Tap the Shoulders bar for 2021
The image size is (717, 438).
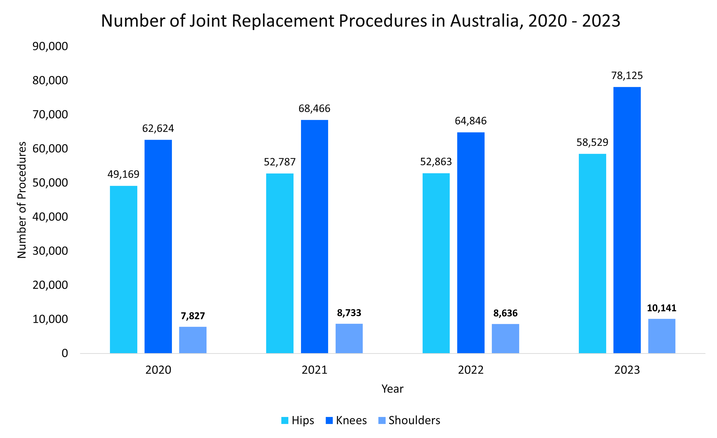coord(349,338)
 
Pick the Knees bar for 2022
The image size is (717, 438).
coord(471,243)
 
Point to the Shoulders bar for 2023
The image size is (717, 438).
coord(662,336)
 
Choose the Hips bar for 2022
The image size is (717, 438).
coord(436,263)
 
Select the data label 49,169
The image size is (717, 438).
coord(123,174)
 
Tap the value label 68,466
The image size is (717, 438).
coord(314,108)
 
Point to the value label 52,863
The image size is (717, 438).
coord(436,162)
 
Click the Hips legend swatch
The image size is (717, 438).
coord(285,420)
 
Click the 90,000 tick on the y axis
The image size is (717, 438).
coord(50,46)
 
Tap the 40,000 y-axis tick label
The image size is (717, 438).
coord(50,217)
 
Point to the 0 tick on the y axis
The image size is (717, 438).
coord(65,353)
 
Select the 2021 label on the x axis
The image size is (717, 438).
coord(314,370)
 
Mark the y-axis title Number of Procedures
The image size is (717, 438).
coord(22,200)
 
